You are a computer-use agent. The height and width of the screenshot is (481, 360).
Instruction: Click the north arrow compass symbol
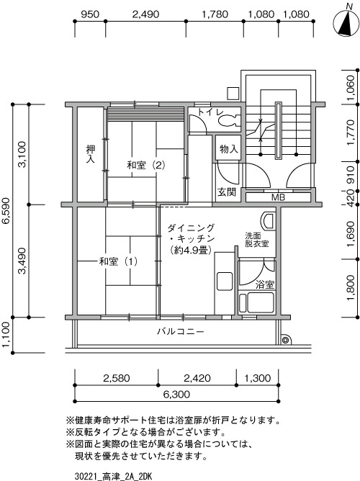[x=346, y=21]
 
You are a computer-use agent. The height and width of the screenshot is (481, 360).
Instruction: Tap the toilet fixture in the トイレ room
[x=229, y=120]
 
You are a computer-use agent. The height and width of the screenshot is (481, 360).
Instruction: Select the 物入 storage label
[x=229, y=149]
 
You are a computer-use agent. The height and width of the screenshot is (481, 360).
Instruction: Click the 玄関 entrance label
[x=227, y=192]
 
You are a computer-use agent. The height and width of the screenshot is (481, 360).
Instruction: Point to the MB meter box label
[x=278, y=197]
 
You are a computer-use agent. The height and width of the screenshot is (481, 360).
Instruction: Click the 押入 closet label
[x=91, y=154]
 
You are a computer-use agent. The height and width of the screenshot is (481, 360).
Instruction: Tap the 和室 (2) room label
[x=146, y=166]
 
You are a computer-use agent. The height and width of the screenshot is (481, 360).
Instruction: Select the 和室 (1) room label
[x=118, y=261]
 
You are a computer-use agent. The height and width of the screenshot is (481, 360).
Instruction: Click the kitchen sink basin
[x=225, y=282]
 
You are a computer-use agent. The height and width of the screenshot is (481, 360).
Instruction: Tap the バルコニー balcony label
[x=180, y=332]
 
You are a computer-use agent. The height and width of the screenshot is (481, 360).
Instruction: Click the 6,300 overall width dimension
[x=176, y=394]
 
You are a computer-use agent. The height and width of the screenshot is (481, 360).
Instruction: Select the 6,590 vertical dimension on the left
[x=6, y=211]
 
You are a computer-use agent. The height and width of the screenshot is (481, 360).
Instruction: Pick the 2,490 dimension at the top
[x=145, y=14]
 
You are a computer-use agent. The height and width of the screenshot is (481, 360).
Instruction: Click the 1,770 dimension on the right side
[x=351, y=132]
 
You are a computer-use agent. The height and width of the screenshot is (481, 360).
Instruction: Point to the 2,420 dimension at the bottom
[x=197, y=378]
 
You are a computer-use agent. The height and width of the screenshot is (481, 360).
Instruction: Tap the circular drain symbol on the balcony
[x=285, y=340]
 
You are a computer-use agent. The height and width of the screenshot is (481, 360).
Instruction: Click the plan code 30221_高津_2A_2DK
[x=113, y=477]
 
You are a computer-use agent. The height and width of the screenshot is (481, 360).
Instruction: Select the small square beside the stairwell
[x=233, y=94]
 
